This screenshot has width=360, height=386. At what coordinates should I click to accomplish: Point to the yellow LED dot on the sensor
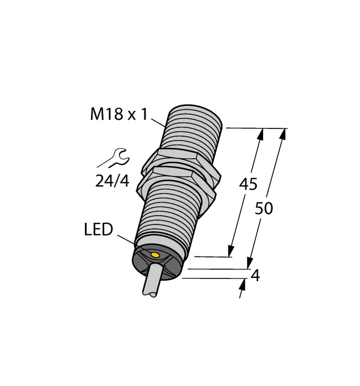pos(156,255)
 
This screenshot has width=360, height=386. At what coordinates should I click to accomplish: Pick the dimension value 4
pos(255,276)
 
